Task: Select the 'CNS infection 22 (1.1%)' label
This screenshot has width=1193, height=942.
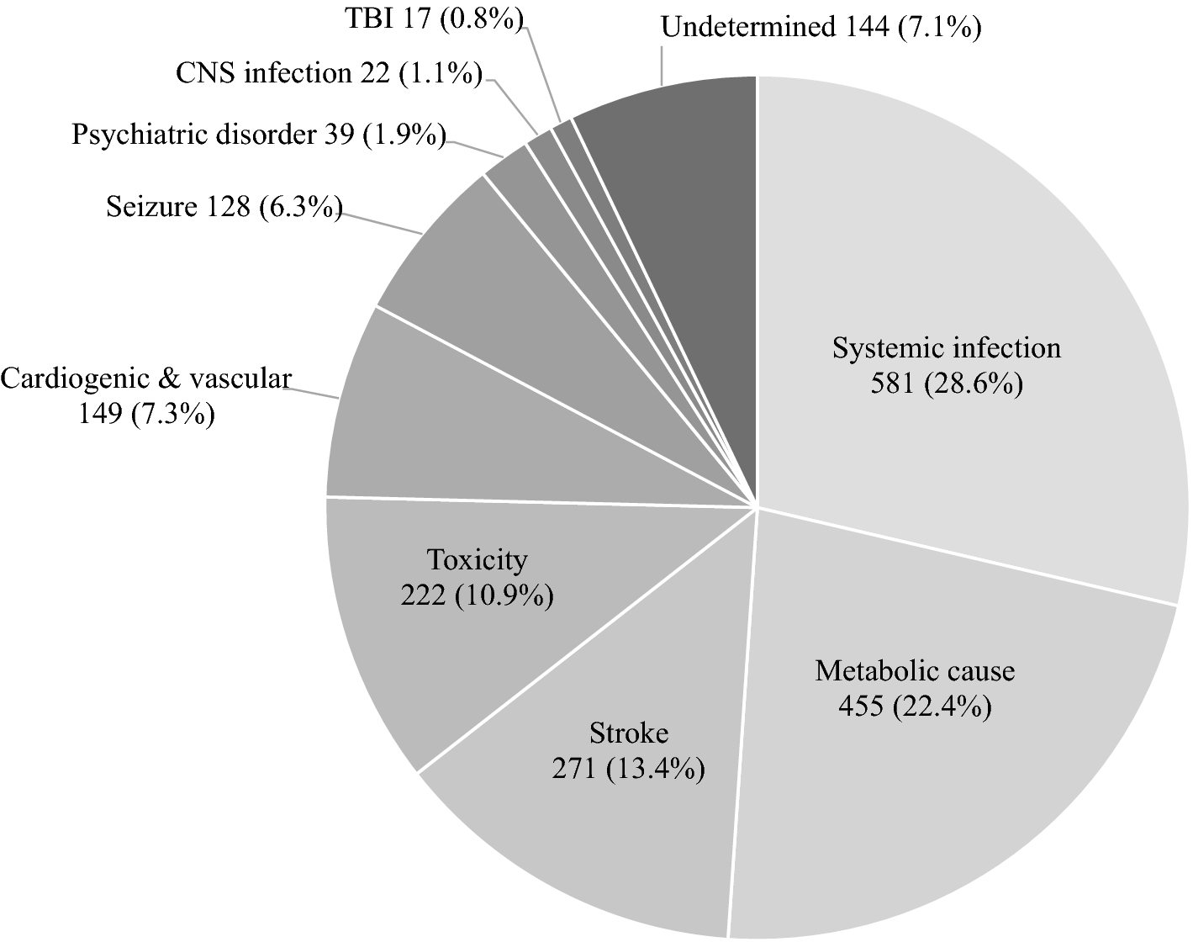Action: pos(329,74)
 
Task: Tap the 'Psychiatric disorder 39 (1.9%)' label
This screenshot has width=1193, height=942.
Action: pos(258,135)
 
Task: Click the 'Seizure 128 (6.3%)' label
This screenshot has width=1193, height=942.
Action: pos(224,207)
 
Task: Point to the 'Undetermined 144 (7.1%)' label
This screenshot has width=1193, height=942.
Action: pos(821,28)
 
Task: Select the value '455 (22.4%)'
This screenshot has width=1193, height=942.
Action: pos(915,706)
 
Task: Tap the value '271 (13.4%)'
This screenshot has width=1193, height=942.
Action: pos(628,769)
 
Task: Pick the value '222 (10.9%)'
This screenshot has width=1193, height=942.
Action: pos(477,595)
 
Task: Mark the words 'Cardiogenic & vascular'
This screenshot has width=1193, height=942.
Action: pos(145,378)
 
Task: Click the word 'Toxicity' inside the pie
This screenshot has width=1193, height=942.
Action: pos(477,559)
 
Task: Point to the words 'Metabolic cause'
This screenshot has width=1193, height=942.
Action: pos(915,670)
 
